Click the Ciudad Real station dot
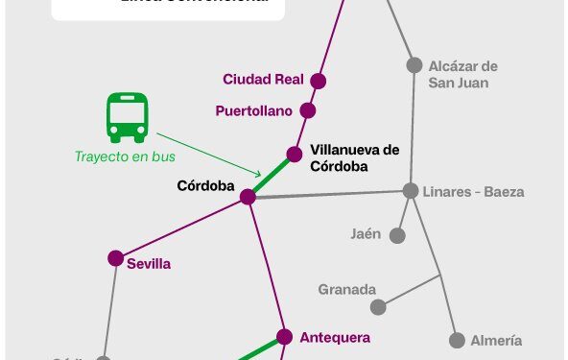tap(319, 82)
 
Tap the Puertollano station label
tap(253, 111)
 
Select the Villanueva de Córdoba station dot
tap(296, 154)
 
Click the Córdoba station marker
tap(248, 197)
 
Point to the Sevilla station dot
tap(115, 258)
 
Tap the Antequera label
tap(335, 337)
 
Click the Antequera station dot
tap(284, 336)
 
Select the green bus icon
tap(127, 117)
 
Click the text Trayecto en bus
tap(120, 156)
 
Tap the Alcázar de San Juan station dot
tap(414, 65)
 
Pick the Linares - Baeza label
tap(473, 192)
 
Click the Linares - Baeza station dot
tap(411, 190)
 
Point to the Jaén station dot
tap(396, 235)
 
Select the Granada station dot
tap(379, 307)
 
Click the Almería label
tap(496, 341)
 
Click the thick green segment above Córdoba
tap(272, 176)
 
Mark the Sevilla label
tap(149, 264)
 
